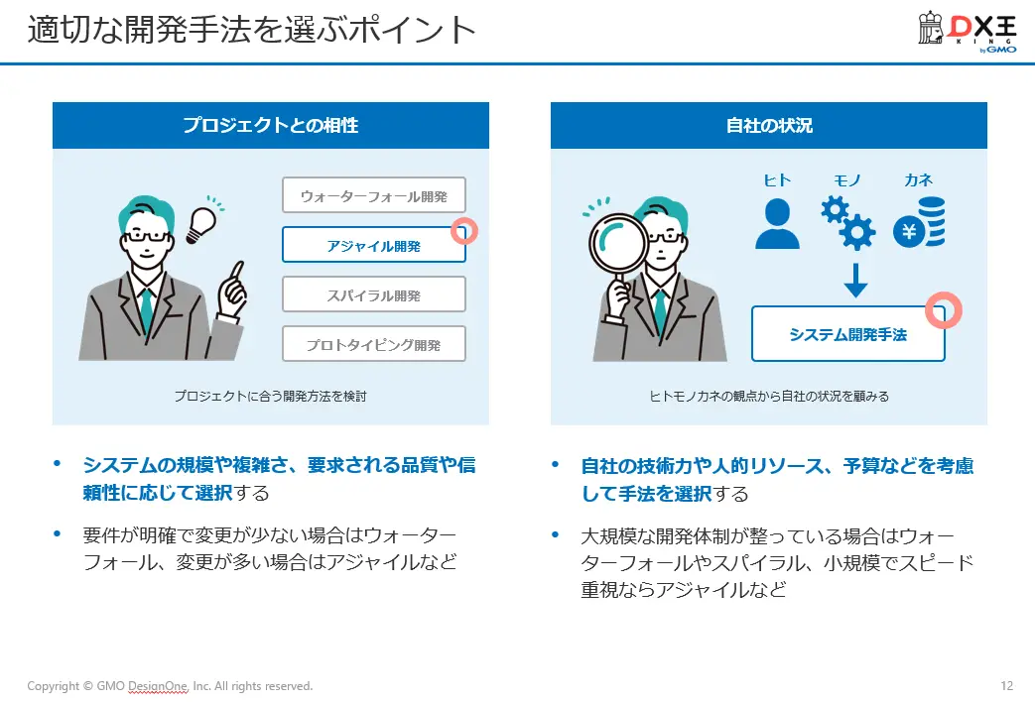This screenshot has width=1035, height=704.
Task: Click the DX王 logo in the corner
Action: [x=967, y=33]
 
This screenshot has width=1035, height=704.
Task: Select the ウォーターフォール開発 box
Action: [x=373, y=196]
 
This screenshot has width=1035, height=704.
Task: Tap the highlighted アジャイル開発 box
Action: [x=373, y=245]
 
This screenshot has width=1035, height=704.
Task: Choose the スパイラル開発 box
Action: [x=373, y=294]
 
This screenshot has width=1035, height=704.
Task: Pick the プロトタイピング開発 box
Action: [x=373, y=344]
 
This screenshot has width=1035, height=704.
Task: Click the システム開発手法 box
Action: [x=847, y=334]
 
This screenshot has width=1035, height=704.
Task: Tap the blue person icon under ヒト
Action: [x=777, y=224]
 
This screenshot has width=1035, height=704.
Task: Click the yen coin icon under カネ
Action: [x=918, y=222]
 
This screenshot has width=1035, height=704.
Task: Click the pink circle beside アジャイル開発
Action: [x=464, y=231]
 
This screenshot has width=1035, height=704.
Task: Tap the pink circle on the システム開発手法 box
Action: [x=944, y=310]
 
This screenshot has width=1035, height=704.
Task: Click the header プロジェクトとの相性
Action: [x=270, y=126]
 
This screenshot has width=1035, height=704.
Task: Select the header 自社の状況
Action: [x=768, y=126]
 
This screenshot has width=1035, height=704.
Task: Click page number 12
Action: [x=1007, y=686]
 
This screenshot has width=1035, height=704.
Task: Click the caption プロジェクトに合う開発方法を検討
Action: [x=270, y=396]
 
